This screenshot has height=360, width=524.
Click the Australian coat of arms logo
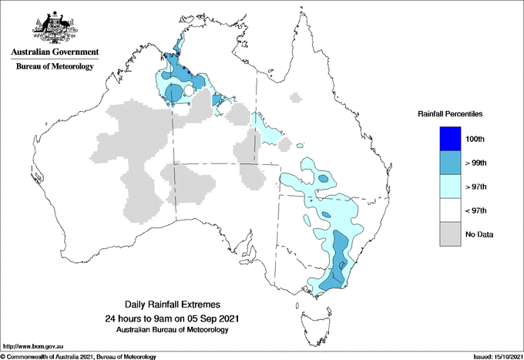click(54, 29)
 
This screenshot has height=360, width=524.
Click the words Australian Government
click(54, 52)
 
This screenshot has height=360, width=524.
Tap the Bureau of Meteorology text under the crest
click(54, 67)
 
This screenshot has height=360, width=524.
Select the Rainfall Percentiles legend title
click(450, 114)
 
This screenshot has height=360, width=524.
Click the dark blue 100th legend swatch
click(450, 139)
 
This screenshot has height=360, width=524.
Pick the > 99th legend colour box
click(450, 163)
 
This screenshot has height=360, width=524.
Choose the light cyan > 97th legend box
click(450, 187)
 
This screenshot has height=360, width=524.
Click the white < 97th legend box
click(450, 210)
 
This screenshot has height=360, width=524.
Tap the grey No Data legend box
click(450, 234)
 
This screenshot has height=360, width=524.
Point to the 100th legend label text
click(486, 139)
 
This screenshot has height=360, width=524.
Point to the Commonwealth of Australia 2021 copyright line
click(79, 355)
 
